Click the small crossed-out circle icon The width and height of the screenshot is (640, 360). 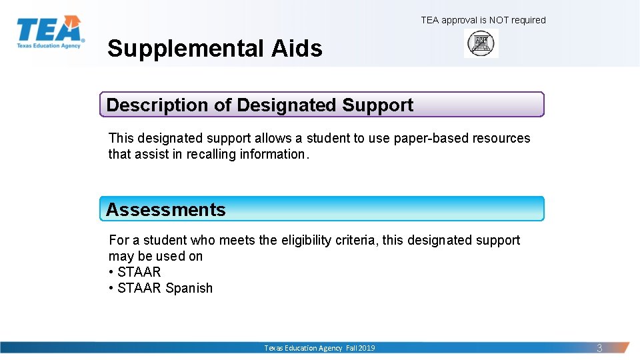point(481,44)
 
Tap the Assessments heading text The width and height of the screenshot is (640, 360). point(166,209)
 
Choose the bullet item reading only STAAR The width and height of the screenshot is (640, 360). point(139,272)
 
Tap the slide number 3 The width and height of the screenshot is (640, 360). point(599,348)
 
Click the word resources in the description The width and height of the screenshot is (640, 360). point(501,139)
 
